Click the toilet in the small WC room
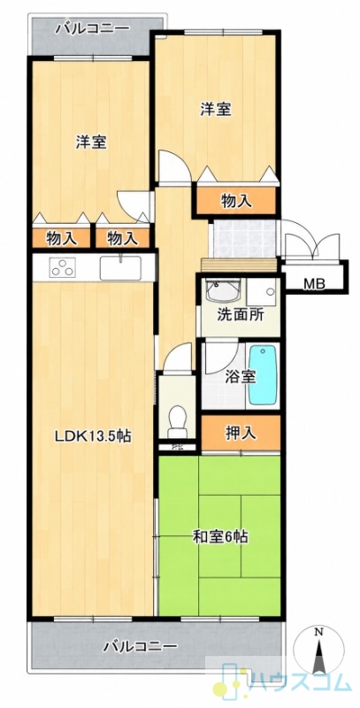pos(176,421)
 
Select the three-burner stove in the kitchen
pos(62,267)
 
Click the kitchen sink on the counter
pos(120,268)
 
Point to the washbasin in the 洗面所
pos(222,289)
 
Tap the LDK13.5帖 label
pos(93,436)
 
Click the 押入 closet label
pos(241,433)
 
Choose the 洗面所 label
pos(240,314)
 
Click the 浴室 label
pos(241,375)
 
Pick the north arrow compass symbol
pos(318,651)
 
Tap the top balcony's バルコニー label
pos(92,29)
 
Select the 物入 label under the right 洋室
pos(236,202)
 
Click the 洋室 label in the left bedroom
pos(91,142)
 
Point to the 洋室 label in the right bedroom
pos(216,109)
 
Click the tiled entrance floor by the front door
pos(243,238)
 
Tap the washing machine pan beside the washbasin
pos(261,291)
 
